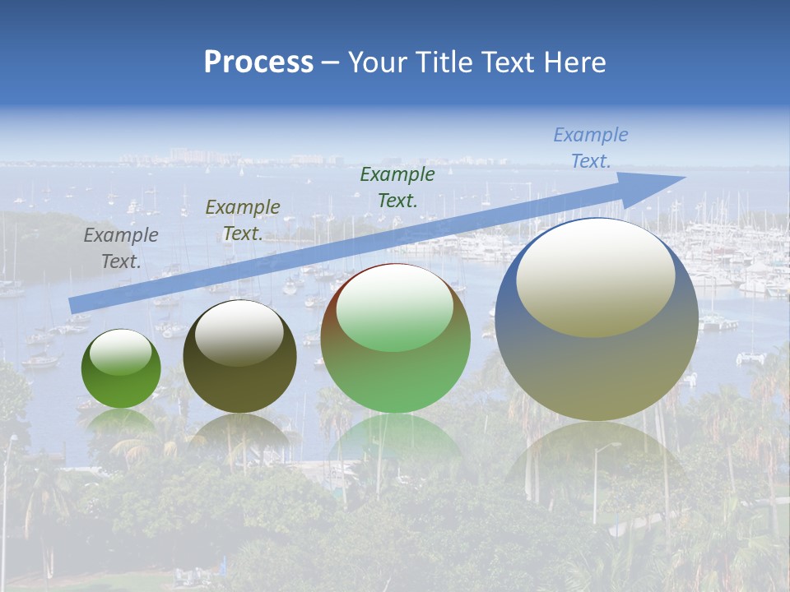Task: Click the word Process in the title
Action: coord(258,62)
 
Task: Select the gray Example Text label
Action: coord(121,248)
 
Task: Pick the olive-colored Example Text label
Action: coord(243,220)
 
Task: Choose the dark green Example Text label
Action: coord(397,187)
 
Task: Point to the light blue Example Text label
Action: coord(591,148)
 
